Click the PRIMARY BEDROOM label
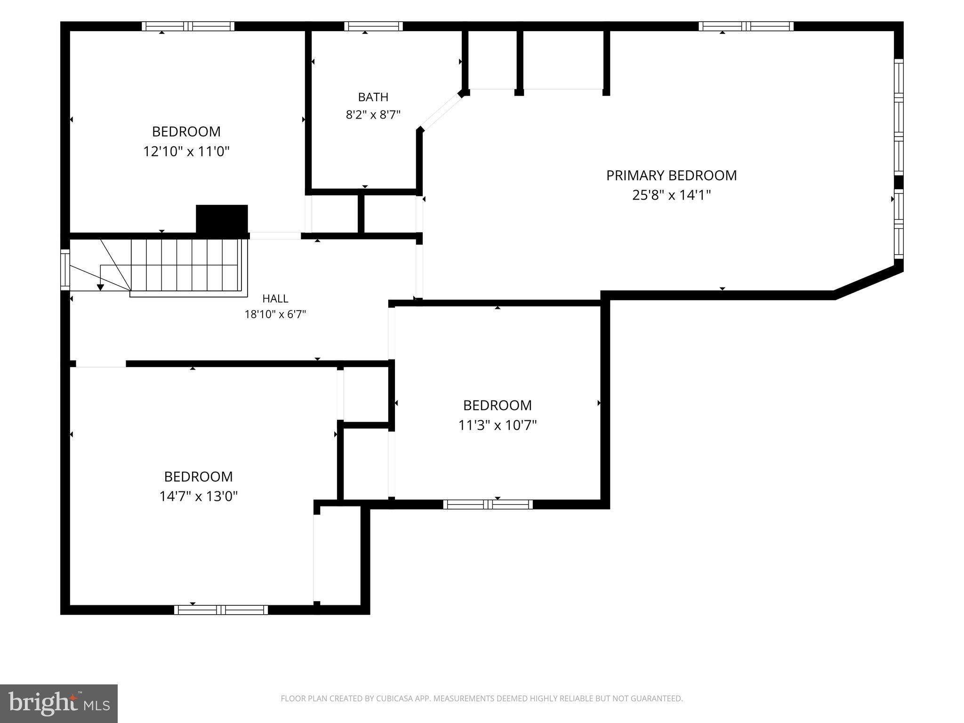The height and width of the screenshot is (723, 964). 671,176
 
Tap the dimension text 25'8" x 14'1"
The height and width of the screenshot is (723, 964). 671,195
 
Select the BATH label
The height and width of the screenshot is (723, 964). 373,97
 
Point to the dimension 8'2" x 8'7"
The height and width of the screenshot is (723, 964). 373,115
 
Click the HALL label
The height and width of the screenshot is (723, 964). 275,298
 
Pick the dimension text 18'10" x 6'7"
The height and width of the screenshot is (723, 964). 275,314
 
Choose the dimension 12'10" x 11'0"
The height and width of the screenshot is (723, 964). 186,152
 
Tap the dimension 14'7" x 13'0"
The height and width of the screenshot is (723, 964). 199,497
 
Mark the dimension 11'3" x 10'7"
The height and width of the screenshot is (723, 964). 498,426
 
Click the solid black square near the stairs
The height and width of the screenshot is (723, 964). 222,219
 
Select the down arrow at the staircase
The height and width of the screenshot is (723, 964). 100,287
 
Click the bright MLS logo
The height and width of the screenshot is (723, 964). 59,703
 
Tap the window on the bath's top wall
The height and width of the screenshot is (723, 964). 373,26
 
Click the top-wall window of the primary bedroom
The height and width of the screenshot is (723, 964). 746,26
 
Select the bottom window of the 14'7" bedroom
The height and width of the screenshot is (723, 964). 221,610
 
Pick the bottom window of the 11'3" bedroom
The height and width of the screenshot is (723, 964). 488,505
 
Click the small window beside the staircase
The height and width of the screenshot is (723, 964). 65,270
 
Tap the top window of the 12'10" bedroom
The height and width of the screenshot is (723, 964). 188,26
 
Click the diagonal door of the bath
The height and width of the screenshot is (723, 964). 440,112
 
